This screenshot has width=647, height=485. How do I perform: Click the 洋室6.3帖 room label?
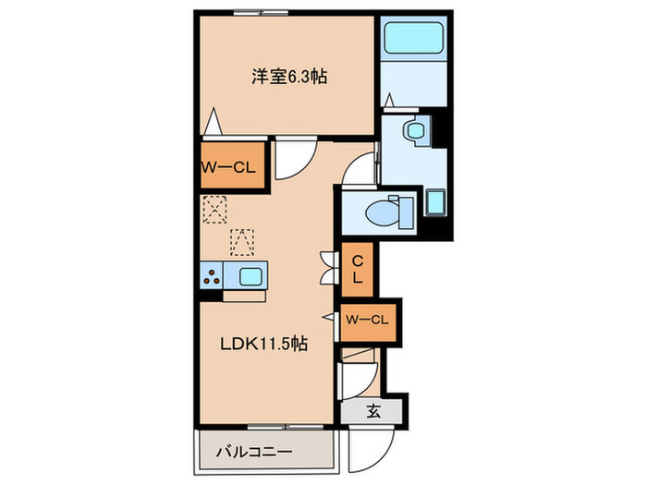[x=289, y=78]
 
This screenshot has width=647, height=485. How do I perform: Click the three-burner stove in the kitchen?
[x=212, y=275]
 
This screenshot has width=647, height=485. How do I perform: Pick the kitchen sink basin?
[x=251, y=275]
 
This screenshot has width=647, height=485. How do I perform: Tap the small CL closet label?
[x=356, y=268]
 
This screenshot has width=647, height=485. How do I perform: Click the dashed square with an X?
[x=214, y=210]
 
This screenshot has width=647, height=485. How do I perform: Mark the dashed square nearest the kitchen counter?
[x=241, y=241]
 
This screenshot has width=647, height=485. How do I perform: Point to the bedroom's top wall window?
[x=256, y=12]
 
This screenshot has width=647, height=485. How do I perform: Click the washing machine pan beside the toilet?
[x=435, y=200]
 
